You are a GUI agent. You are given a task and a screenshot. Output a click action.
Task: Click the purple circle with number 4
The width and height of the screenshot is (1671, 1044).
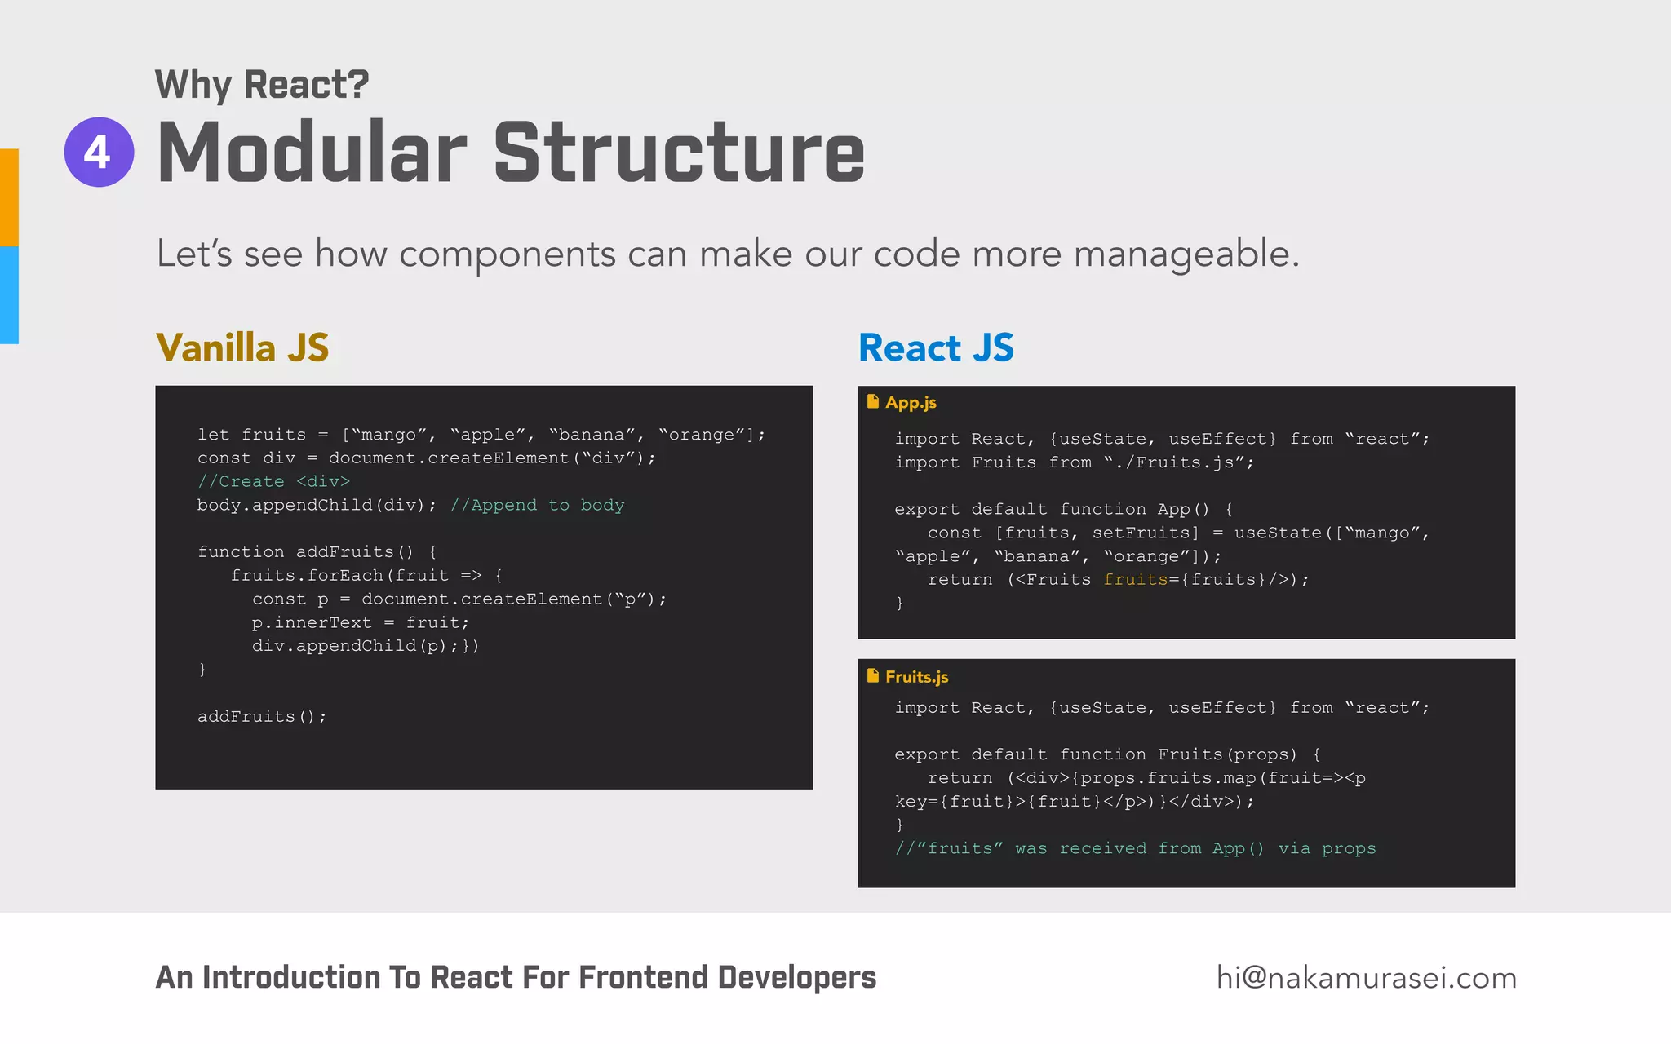point(99,153)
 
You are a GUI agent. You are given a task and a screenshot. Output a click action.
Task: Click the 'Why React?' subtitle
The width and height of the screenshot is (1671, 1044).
point(262,85)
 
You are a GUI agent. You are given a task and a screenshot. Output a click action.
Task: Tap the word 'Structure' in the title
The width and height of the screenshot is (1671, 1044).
point(679,153)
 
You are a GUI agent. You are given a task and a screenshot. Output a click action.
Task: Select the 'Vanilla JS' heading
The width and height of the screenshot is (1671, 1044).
point(242,347)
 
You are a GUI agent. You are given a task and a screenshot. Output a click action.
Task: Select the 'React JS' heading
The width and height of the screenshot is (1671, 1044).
point(936,347)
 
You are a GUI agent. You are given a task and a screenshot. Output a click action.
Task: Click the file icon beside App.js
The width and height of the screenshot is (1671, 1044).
point(872,401)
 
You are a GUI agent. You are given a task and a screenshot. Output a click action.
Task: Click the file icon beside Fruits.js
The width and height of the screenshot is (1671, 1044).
point(872,675)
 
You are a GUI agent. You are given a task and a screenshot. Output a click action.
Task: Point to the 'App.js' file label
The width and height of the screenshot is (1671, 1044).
point(911,402)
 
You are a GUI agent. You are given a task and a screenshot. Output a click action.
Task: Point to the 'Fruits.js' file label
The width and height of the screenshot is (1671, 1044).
point(916,676)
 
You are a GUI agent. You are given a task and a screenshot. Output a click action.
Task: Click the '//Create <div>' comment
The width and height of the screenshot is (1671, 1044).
point(273,481)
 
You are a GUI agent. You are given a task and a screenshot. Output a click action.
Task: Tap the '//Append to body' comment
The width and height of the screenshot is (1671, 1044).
point(537,505)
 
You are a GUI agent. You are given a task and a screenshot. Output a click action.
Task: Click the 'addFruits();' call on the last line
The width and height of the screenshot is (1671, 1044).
point(261,716)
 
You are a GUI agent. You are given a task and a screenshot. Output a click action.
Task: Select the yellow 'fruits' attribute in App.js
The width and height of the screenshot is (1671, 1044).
point(1136,579)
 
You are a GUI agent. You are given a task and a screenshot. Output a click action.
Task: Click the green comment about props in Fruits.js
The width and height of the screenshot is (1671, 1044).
point(1135,848)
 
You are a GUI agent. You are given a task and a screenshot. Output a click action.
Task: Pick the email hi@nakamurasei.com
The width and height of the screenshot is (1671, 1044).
point(1366,977)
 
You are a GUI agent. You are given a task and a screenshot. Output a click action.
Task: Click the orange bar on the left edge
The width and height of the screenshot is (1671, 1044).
point(9,197)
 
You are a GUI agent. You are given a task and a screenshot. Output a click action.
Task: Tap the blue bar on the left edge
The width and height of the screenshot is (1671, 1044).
point(9,294)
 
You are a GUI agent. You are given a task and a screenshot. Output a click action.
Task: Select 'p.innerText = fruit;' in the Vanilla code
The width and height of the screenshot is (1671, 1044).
point(361,622)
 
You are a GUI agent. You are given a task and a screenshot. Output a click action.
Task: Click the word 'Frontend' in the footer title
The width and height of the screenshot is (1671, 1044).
point(642,977)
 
